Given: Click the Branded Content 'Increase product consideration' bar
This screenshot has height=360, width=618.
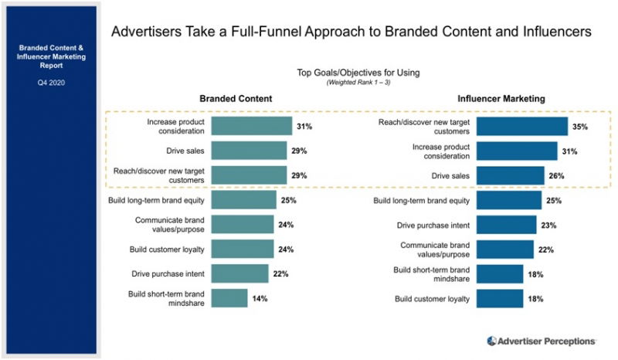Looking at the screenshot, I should pyautogui.click(x=250, y=126).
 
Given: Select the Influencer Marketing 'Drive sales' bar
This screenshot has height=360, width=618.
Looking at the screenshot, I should pyautogui.click(x=510, y=175).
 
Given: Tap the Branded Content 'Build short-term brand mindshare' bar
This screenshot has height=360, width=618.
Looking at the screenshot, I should pyautogui.click(x=229, y=298).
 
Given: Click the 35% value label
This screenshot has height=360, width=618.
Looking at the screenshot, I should pyautogui.click(x=581, y=126).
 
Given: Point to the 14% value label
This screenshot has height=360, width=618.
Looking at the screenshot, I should pyautogui.click(x=260, y=298).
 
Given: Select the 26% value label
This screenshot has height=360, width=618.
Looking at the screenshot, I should pyautogui.click(x=556, y=175).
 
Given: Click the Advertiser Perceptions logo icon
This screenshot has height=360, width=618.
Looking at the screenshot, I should pyautogui.click(x=492, y=341).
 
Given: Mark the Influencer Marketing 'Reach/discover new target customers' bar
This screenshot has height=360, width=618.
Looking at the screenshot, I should pyautogui.click(x=521, y=126).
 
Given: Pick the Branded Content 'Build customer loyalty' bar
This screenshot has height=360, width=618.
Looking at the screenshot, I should pyautogui.click(x=242, y=249).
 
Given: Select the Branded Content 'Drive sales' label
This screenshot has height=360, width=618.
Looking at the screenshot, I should pyautogui.click(x=183, y=151).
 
